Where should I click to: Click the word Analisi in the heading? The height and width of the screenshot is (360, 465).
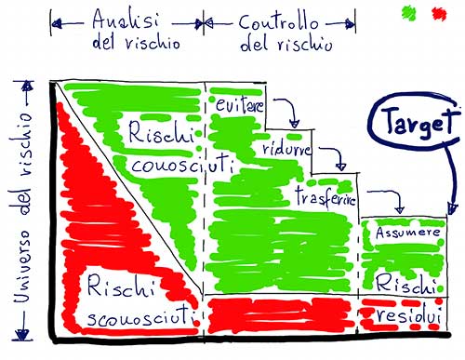126,20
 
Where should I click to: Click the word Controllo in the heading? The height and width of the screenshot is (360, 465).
278,21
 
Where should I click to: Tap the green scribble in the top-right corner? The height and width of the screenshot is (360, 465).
409,13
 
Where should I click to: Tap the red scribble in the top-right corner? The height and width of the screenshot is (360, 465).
439,14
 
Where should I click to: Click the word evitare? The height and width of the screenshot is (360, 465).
240,105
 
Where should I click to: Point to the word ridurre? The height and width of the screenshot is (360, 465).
286,149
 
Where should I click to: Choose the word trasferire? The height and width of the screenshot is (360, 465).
325,197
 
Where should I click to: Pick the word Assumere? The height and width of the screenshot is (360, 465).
407,233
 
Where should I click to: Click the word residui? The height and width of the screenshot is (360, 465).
408,315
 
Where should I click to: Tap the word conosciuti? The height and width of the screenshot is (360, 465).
182,165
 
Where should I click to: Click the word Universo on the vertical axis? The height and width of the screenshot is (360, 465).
22,266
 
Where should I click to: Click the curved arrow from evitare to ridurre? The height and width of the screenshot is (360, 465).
291,109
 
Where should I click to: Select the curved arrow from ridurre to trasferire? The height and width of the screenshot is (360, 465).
338,155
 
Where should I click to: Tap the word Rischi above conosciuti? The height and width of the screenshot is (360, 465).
161,133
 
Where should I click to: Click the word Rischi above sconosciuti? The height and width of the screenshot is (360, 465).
120,286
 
